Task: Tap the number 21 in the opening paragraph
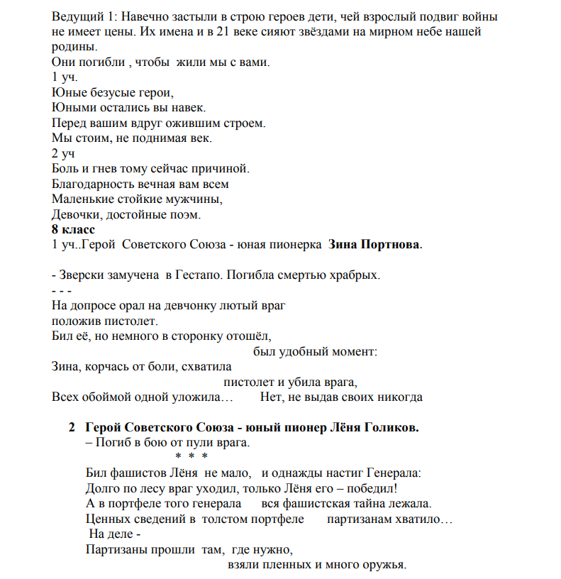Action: tap(171, 31)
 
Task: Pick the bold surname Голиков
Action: tap(390, 429)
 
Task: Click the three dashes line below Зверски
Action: tap(61, 290)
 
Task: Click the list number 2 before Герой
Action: tap(72, 429)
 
